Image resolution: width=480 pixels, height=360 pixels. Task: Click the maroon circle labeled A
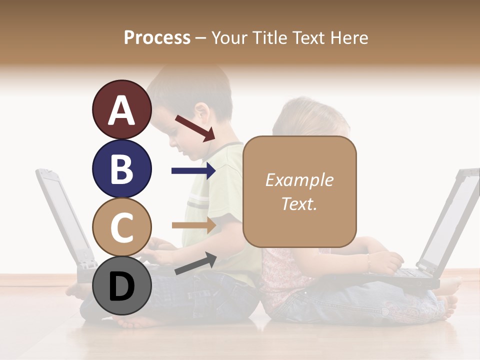122,109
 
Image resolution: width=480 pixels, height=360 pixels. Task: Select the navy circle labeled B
122,168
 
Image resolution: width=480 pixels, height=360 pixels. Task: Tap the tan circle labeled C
122,227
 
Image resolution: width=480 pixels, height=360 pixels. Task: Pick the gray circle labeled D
122,286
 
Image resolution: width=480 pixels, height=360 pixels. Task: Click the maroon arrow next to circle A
195,128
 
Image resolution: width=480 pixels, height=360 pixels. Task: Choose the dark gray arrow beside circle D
195,263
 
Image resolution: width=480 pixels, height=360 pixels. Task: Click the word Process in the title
157,37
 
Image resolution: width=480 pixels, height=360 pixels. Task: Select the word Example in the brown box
299,180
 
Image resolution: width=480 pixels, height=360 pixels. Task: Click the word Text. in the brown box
299,203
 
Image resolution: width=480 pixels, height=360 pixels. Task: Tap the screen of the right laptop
450,220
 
